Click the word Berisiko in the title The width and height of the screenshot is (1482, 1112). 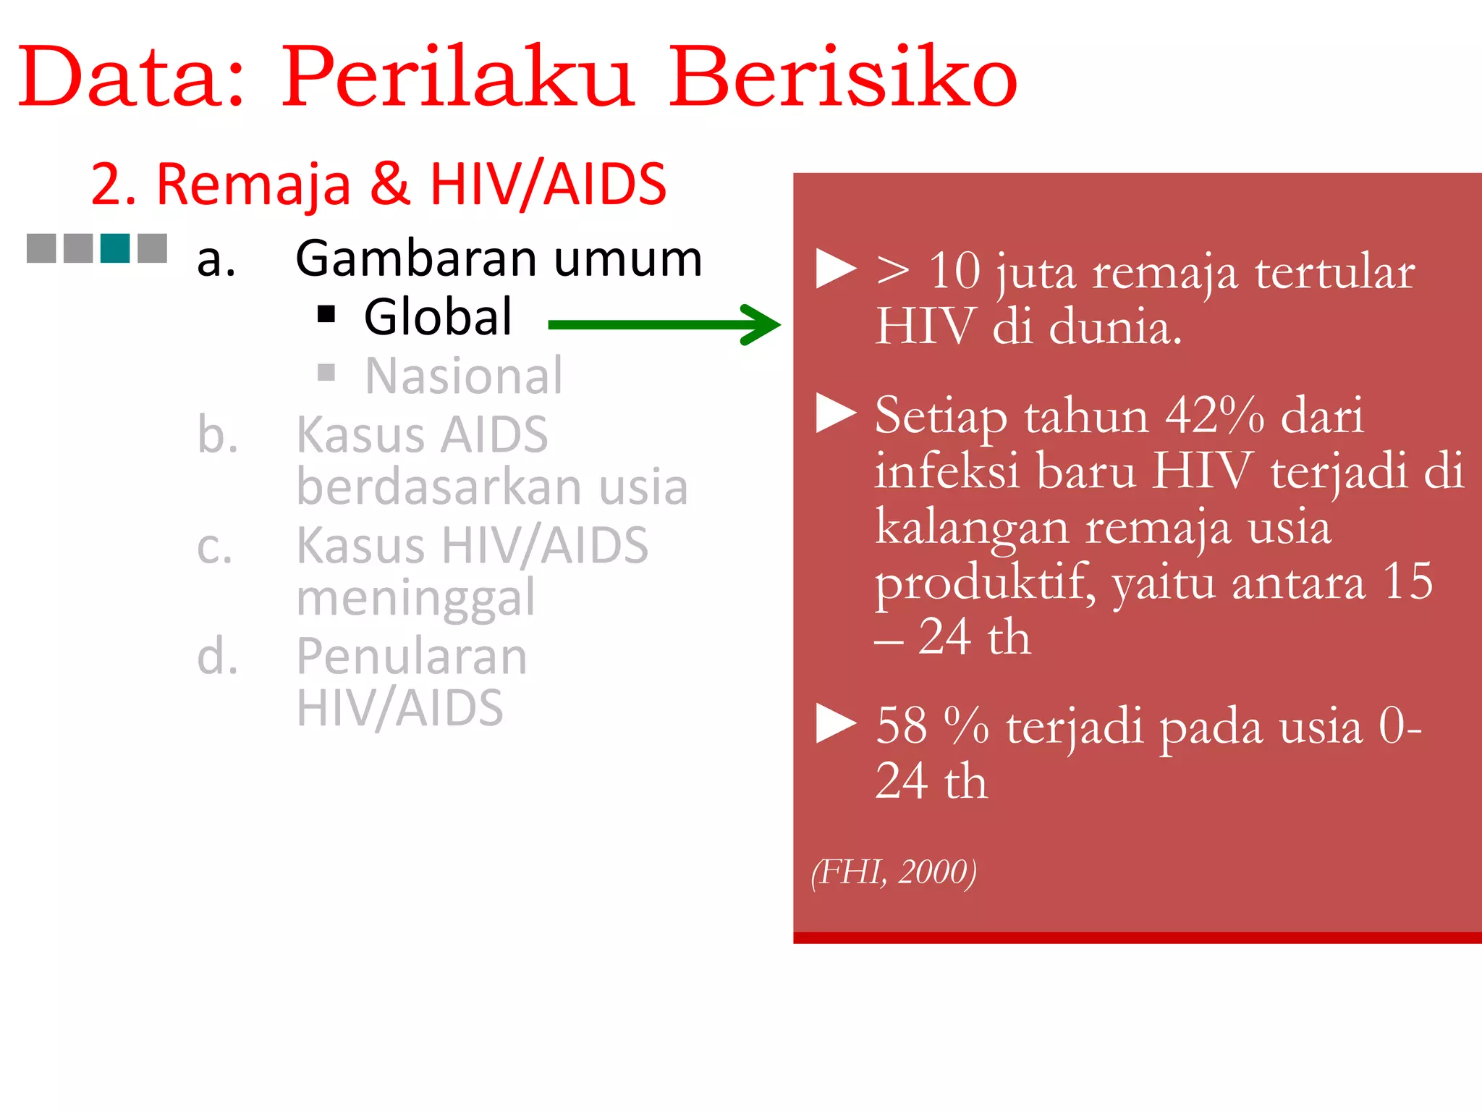[x=842, y=76]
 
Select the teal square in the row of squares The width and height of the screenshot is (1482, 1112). [x=115, y=248]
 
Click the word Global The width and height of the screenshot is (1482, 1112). [x=438, y=317]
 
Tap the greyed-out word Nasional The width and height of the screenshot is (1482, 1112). [x=463, y=376]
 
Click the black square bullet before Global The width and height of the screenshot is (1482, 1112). [x=326, y=314]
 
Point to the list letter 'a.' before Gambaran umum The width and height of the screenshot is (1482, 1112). [x=216, y=259]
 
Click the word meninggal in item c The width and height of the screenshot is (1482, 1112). [x=415, y=598]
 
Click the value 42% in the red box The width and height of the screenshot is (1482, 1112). [x=1215, y=416]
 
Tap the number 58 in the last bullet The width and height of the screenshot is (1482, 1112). [x=901, y=725]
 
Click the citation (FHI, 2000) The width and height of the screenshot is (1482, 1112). [x=894, y=872]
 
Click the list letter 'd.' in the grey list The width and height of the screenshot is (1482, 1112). [x=217, y=657]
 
